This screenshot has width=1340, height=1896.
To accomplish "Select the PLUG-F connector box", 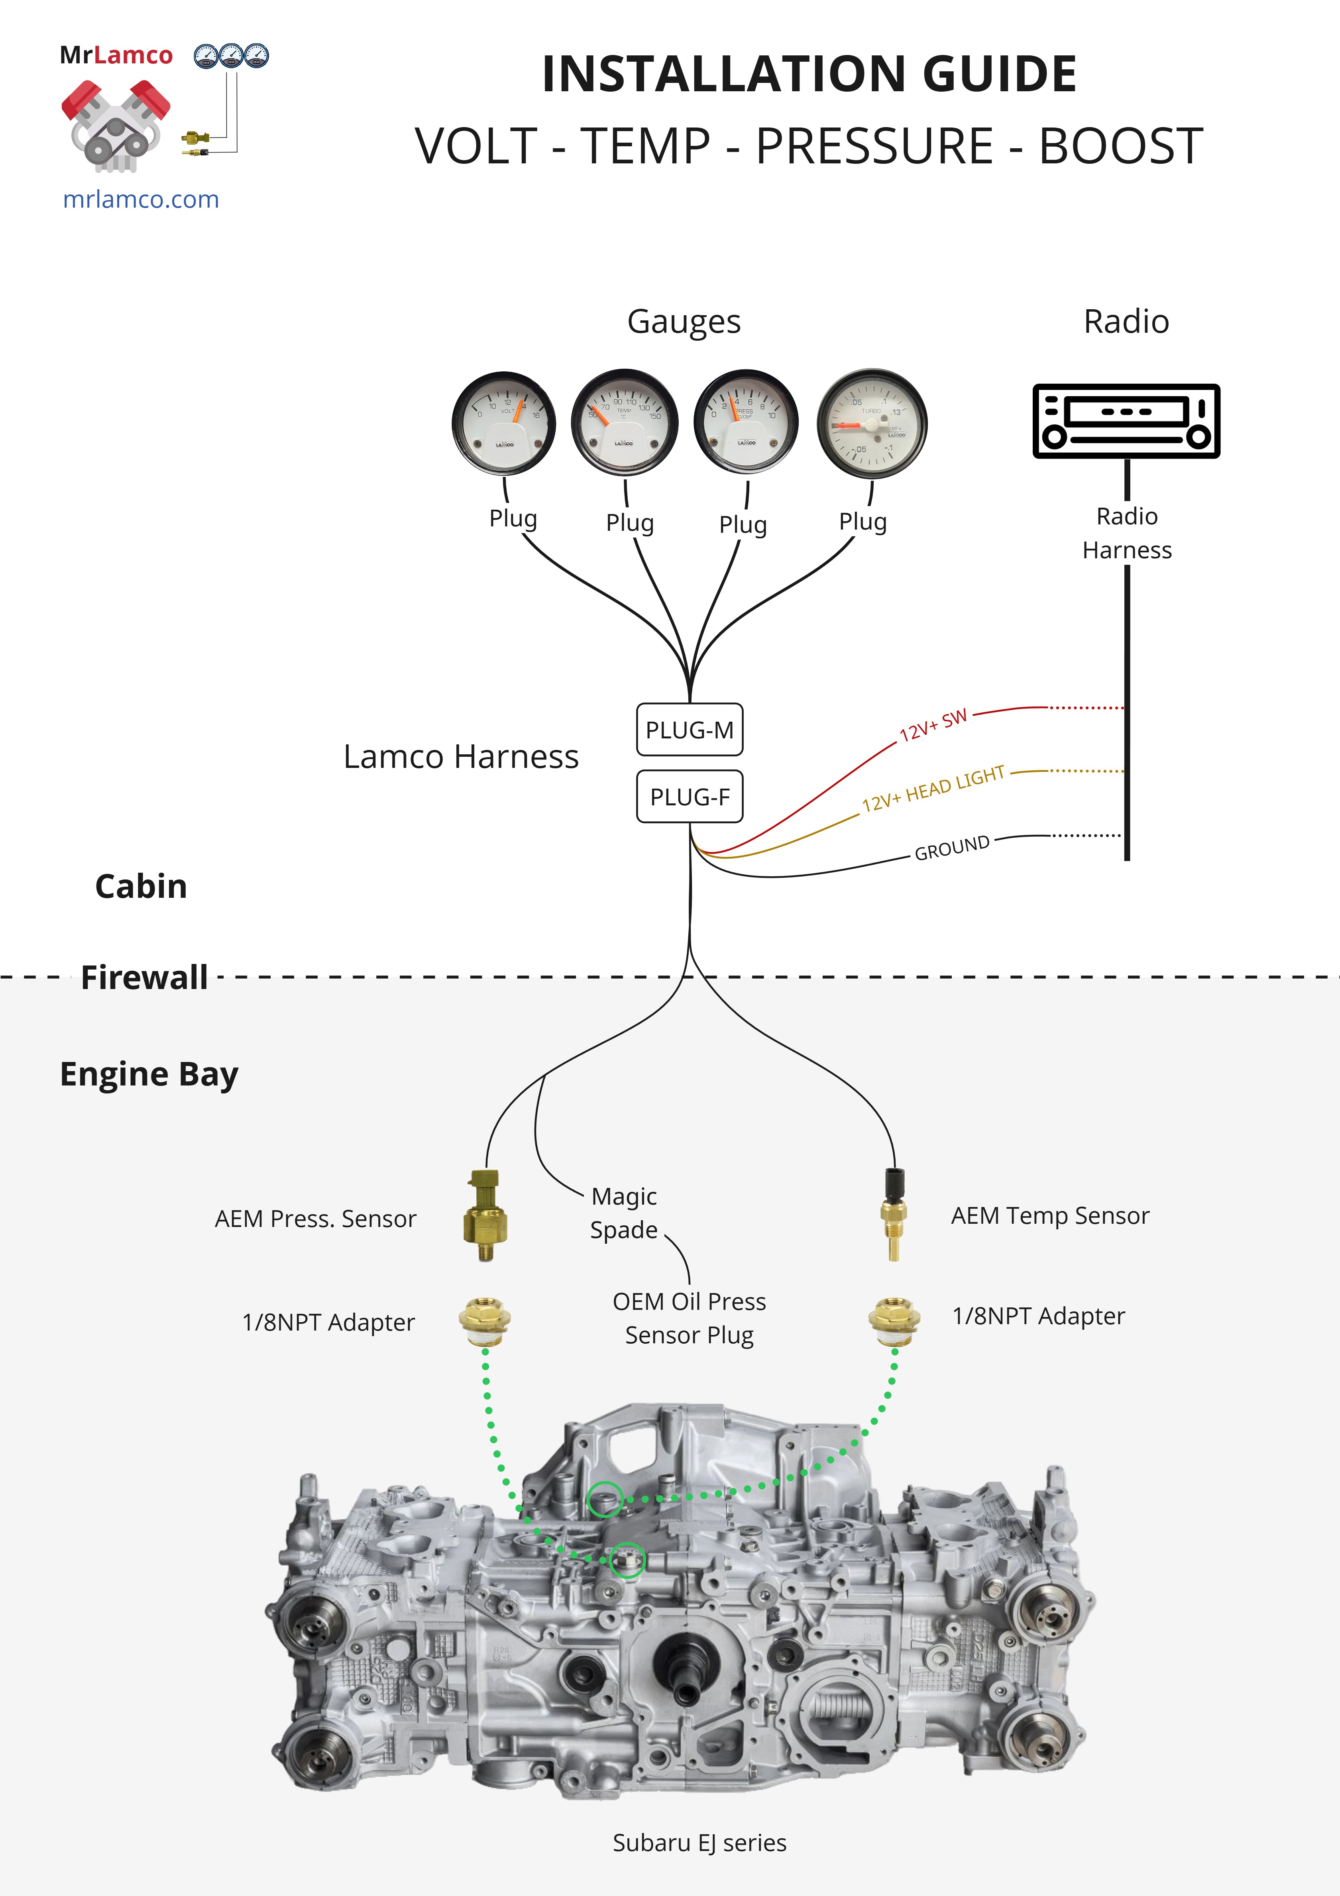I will (x=689, y=797).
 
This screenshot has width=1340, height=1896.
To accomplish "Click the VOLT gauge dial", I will (x=504, y=423).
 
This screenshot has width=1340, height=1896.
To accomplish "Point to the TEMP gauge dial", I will (x=625, y=423).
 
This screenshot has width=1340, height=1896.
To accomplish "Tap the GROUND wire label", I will (x=952, y=847).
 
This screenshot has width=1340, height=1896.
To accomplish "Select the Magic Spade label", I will (x=624, y=1212).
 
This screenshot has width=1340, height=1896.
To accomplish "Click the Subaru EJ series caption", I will (x=699, y=1842).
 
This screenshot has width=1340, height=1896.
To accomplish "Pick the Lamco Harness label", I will (x=461, y=756).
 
